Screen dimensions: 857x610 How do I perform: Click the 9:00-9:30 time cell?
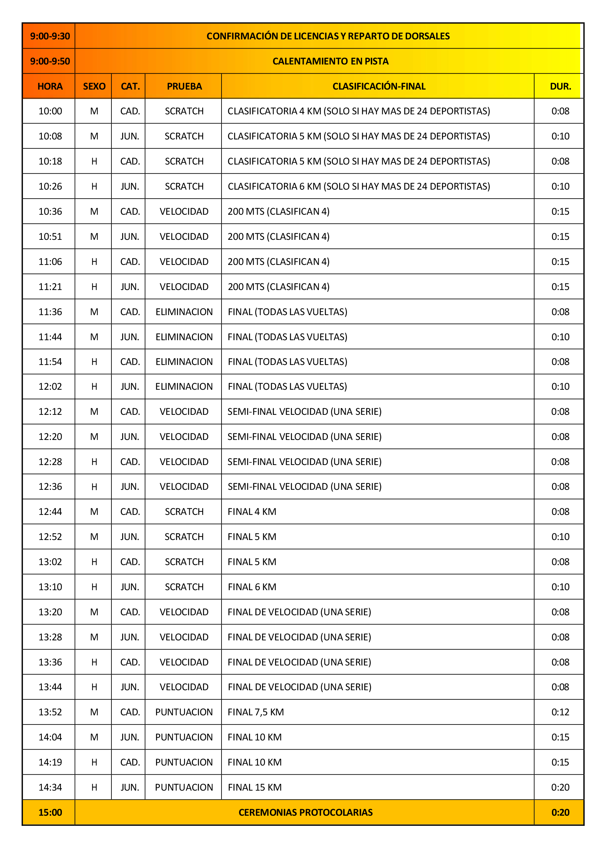[50, 36]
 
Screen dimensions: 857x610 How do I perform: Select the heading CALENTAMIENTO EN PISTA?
[330, 61]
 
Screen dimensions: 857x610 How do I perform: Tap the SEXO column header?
[94, 86]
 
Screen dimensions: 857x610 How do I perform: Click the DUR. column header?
[560, 86]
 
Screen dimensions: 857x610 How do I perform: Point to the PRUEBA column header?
[184, 86]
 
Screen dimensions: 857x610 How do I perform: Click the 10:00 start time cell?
[50, 111]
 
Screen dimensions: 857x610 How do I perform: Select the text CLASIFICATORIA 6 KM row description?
[359, 186]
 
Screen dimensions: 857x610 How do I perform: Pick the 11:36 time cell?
[50, 312]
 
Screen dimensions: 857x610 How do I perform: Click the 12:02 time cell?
[50, 386]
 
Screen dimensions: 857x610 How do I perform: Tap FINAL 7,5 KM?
[256, 712]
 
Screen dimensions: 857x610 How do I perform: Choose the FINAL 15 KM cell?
[255, 787]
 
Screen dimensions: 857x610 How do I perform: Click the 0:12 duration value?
[560, 712]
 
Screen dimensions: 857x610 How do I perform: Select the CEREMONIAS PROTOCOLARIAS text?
[305, 812]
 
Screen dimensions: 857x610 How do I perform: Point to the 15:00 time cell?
[50, 812]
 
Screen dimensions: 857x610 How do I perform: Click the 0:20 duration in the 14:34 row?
[560, 787]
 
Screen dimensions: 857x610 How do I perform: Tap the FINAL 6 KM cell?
[252, 587]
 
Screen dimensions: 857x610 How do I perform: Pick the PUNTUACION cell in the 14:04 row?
[184, 737]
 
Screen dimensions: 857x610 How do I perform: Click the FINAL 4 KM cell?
[252, 512]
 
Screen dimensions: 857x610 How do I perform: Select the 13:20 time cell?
[50, 612]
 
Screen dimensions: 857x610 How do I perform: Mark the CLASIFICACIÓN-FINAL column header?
[379, 86]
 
